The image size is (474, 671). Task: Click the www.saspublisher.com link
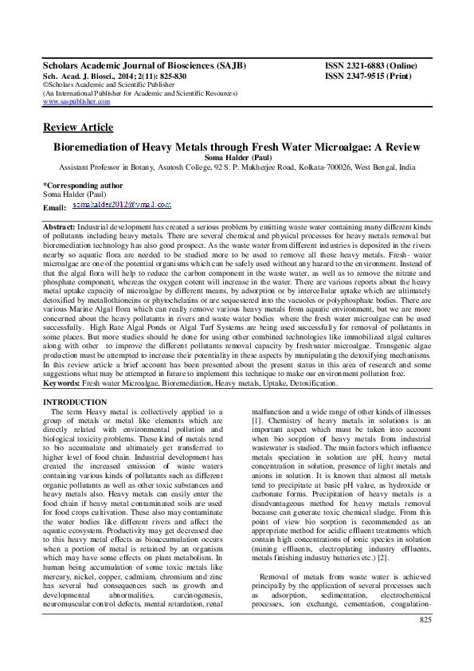click(76, 102)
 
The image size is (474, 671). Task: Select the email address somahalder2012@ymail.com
click(121, 205)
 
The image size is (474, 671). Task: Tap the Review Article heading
click(77, 128)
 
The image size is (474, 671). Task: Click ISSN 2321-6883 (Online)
click(374, 63)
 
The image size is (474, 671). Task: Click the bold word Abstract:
click(61, 227)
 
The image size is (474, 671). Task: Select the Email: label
click(54, 207)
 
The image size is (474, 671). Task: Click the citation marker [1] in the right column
click(257, 420)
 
